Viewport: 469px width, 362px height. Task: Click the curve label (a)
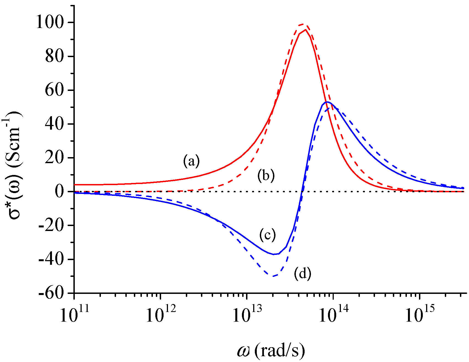pos(191,161)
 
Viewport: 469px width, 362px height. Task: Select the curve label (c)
pos(267,235)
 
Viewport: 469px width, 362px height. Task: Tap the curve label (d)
pos(302,274)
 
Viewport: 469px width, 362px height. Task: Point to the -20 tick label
pos(52,225)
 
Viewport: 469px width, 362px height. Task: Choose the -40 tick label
pos(52,260)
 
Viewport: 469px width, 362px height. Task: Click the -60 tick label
pos(52,293)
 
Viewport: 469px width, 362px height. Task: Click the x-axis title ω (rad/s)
pos(271,351)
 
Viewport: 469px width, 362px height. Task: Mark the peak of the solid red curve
pos(305,30)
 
